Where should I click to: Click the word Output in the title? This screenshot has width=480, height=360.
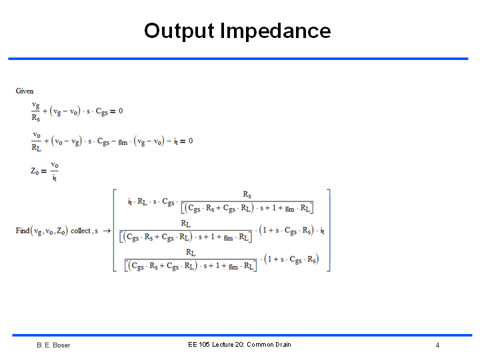pyautogui.click(x=179, y=31)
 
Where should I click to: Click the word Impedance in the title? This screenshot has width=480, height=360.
pyautogui.click(x=275, y=31)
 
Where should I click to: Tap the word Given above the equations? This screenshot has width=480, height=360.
pyautogui.click(x=25, y=91)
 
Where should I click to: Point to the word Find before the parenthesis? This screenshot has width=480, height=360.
pyautogui.click(x=23, y=231)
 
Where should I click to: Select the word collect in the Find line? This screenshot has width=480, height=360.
pyautogui.click(x=81, y=231)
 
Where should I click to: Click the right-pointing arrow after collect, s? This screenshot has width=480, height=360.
pyautogui.click(x=107, y=231)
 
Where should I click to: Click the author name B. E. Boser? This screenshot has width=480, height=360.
pyautogui.click(x=53, y=345)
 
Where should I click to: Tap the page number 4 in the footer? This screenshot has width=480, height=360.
pyautogui.click(x=437, y=345)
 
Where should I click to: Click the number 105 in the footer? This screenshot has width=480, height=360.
pyautogui.click(x=203, y=345)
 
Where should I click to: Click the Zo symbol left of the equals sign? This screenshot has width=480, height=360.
pyautogui.click(x=35, y=171)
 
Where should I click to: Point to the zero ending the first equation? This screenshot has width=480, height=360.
pyautogui.click(x=121, y=111)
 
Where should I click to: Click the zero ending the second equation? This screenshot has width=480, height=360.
pyautogui.click(x=191, y=141)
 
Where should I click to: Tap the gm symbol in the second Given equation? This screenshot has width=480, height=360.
pyautogui.click(x=123, y=142)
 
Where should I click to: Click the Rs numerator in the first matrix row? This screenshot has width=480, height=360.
pyautogui.click(x=247, y=195)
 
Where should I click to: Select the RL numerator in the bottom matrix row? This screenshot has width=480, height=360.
pyautogui.click(x=191, y=253)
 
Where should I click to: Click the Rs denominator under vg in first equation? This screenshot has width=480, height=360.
pyautogui.click(x=36, y=117)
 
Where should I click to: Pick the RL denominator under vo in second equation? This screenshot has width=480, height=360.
pyautogui.click(x=36, y=147)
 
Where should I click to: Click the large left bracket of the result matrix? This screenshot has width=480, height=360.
pyautogui.click(x=115, y=231)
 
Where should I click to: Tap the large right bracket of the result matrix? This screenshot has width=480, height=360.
pyautogui.click(x=329, y=231)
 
